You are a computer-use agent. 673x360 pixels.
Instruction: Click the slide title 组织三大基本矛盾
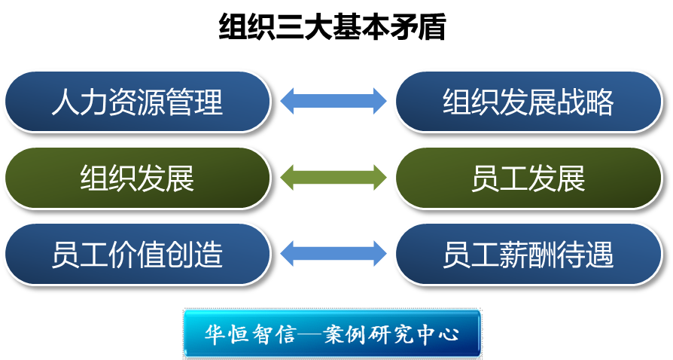[x=332, y=27]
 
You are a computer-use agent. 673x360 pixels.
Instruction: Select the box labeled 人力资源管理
[x=137, y=102]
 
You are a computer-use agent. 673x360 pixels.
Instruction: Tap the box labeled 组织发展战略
[x=528, y=102]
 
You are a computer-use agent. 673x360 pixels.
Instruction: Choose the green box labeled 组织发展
[x=137, y=178]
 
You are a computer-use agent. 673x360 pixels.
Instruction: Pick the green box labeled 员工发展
[x=528, y=178]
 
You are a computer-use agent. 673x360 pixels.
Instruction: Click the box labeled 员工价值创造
[x=137, y=254]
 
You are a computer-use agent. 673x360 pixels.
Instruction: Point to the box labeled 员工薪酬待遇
[x=528, y=254]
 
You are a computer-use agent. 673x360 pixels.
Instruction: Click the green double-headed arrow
[x=333, y=177]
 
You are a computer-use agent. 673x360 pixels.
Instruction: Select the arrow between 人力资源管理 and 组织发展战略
[x=333, y=101]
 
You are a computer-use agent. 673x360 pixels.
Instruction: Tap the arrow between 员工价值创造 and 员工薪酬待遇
[x=333, y=253]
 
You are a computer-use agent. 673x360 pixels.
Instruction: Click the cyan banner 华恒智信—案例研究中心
[x=332, y=334]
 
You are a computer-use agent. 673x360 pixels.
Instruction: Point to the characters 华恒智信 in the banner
[x=249, y=334]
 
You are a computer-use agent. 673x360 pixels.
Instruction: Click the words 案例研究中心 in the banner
[x=391, y=334]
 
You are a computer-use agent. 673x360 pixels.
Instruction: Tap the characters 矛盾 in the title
[x=418, y=27]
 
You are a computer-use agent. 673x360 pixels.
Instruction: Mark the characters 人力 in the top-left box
[x=80, y=102]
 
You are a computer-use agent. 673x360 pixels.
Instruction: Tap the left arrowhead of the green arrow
[x=287, y=177]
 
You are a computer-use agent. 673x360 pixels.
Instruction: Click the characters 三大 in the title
[x=304, y=27]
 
